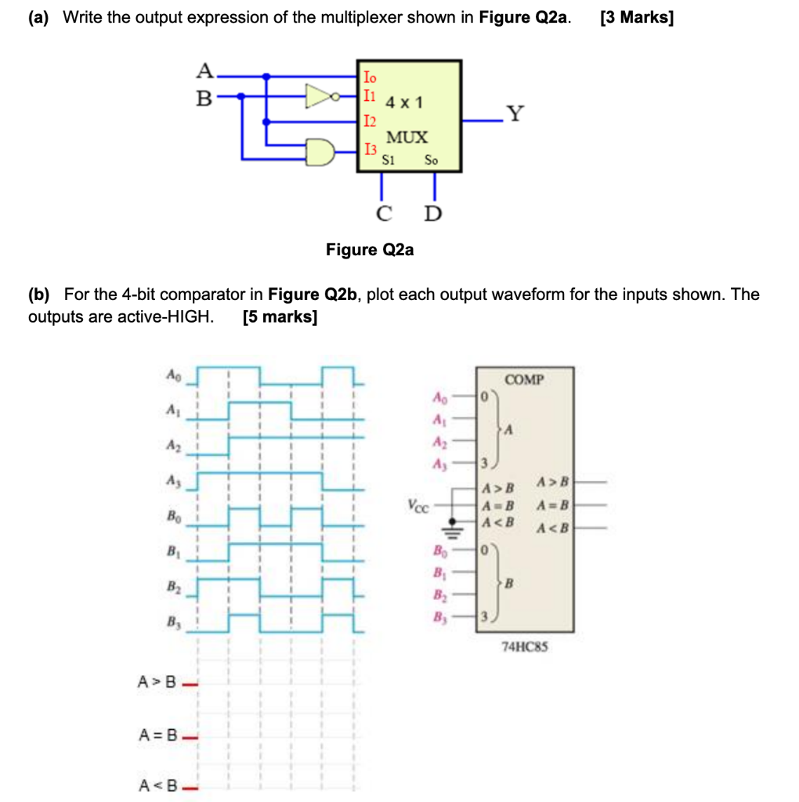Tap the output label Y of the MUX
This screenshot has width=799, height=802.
click(514, 114)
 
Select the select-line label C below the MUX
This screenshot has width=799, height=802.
click(383, 213)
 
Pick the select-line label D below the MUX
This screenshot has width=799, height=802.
click(432, 213)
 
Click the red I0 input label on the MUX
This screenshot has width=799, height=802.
click(370, 77)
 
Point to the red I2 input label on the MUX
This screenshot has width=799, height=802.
click(370, 121)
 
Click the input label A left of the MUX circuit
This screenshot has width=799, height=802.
click(204, 72)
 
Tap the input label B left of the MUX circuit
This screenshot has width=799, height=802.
click(204, 99)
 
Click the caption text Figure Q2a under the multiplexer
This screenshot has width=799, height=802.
click(370, 250)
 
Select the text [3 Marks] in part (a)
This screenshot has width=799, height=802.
click(636, 18)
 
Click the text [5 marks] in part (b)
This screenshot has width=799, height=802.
click(280, 317)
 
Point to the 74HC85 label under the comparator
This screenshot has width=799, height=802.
click(523, 647)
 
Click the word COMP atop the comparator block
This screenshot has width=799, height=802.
click(525, 381)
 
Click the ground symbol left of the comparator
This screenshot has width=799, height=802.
click(452, 526)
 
